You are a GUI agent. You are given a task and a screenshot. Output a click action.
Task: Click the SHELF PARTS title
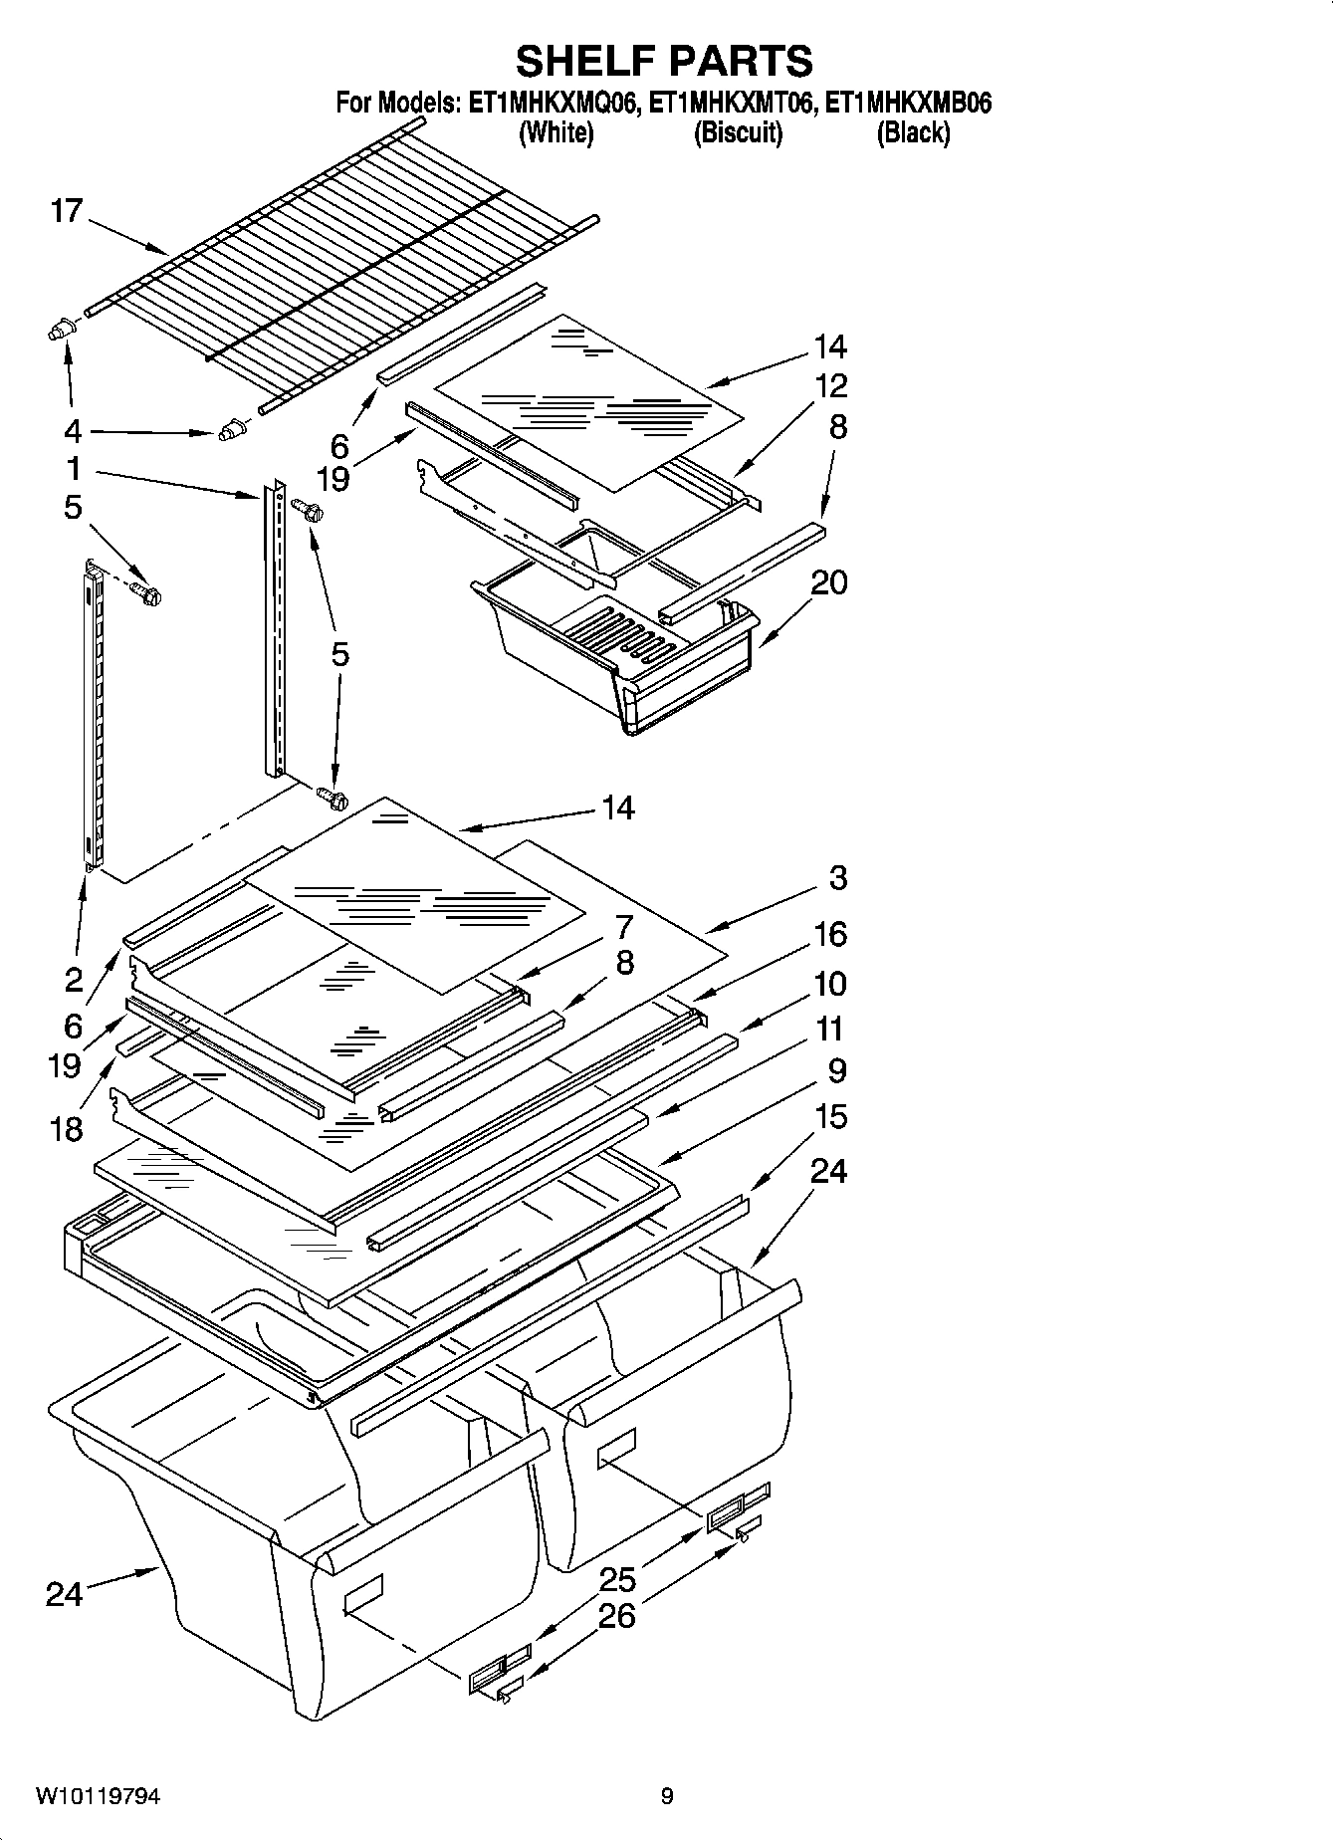point(664,61)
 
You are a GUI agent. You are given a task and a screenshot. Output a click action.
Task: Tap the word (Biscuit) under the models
point(738,132)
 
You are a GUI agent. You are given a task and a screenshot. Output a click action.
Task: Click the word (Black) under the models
point(913,132)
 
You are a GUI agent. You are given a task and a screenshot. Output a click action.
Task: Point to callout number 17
point(67,211)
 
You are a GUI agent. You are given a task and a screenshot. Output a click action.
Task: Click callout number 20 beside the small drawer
point(828,581)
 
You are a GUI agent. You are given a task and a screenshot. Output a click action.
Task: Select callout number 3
point(837,877)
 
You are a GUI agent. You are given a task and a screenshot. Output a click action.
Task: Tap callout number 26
point(617,1615)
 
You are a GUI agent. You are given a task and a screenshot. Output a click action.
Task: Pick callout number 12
point(830,385)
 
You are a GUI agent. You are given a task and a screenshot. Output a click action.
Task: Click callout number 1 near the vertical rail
point(74,468)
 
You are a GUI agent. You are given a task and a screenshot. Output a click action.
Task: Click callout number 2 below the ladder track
point(74,980)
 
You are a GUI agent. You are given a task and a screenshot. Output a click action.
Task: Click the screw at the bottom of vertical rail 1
point(333,798)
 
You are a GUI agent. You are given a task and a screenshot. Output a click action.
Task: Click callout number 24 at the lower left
point(64,1594)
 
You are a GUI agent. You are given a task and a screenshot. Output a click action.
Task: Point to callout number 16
point(830,934)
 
